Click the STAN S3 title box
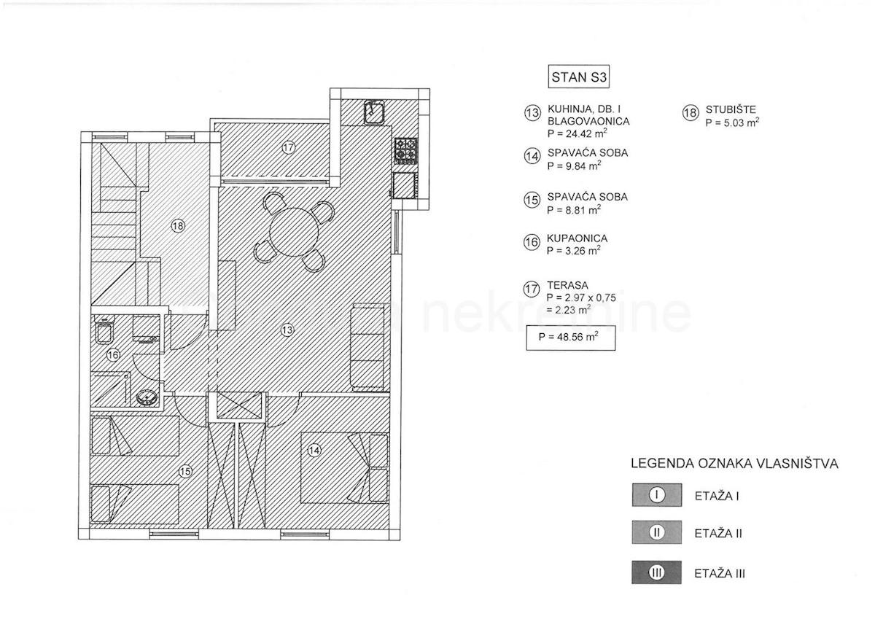[x=578, y=77]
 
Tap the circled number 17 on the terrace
[x=288, y=147]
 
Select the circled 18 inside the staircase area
[x=178, y=226]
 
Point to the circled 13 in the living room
[x=287, y=330]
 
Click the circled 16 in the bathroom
[x=113, y=355]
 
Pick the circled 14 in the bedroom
[x=314, y=451]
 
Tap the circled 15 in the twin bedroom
[x=185, y=472]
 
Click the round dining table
[x=294, y=232]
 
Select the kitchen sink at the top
[x=374, y=112]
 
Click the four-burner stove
[x=406, y=150]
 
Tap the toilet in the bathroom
[x=104, y=330]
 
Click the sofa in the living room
[x=367, y=347]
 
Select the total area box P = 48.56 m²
[x=571, y=338]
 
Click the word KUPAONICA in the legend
[x=577, y=238]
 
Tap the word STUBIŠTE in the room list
[x=731, y=109]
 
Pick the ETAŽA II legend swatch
[x=657, y=532]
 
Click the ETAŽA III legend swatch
[x=657, y=572]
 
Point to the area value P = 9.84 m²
[x=574, y=166]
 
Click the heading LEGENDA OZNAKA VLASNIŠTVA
[x=734, y=464]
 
